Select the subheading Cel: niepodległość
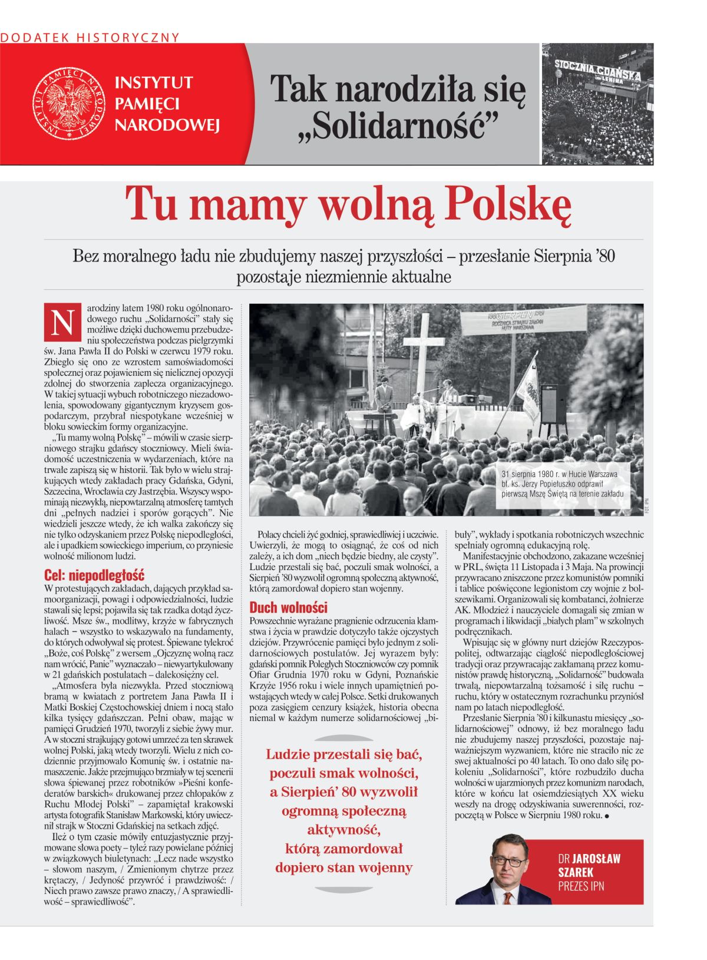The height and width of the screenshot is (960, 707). tap(94, 575)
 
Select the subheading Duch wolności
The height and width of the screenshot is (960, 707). tap(288, 607)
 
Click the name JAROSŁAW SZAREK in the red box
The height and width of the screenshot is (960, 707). tap(589, 865)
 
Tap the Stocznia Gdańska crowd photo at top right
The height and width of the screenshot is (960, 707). tap(597, 104)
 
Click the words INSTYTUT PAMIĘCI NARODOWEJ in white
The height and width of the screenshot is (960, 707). tap(167, 104)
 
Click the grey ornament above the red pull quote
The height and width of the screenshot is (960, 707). tap(343, 737)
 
